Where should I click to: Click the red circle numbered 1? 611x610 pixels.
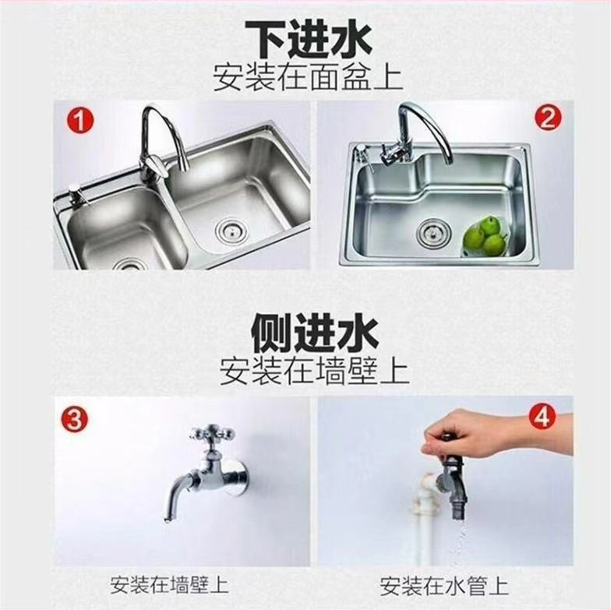tap(79, 122)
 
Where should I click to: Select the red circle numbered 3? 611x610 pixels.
tap(75, 419)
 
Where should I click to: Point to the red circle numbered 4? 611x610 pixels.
tap(542, 417)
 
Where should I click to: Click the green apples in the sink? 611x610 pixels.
tap(486, 236)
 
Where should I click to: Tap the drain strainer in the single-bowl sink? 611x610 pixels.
tap(430, 232)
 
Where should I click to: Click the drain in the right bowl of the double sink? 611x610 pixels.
tap(231, 228)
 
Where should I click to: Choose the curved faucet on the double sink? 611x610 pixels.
tap(160, 140)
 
